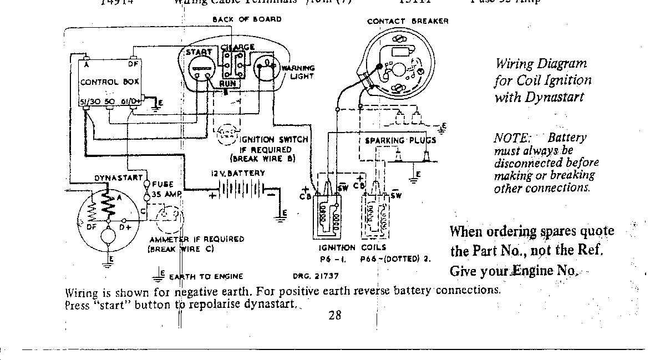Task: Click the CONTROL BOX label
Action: [x=109, y=82]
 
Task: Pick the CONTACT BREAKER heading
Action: [x=408, y=22]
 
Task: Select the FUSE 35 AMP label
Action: [x=166, y=189]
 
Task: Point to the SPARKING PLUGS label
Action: [x=400, y=140]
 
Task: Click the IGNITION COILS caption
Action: [x=352, y=248]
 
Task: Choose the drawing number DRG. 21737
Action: [x=316, y=276]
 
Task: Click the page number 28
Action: [x=334, y=315]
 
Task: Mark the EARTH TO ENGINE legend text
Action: [x=206, y=276]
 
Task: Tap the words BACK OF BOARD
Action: [x=247, y=19]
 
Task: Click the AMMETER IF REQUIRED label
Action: [x=196, y=239]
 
